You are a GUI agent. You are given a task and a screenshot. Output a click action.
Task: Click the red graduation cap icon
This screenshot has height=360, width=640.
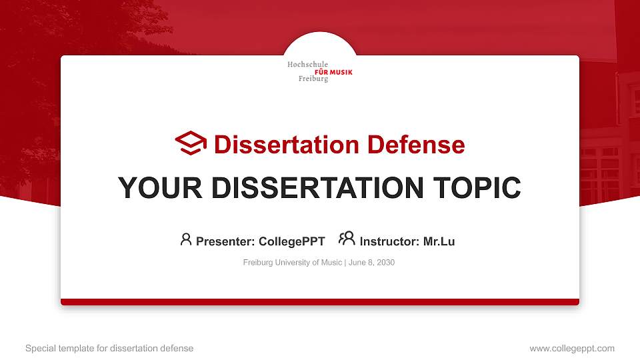[191, 143]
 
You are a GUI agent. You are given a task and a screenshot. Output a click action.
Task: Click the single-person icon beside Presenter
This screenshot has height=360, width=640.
[186, 239]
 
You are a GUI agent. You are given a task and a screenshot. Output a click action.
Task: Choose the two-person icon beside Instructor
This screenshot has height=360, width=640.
[347, 239]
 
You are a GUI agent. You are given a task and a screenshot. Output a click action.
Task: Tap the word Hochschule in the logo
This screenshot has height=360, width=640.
[307, 65]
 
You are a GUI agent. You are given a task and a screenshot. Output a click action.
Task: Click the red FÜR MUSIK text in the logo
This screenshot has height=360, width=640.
[333, 72]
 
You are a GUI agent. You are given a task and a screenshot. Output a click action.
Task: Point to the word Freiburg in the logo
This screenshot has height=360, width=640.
[313, 79]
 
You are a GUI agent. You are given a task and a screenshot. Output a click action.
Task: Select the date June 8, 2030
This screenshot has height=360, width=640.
[371, 263]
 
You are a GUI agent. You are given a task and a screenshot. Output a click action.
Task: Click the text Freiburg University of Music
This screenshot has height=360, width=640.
[293, 263]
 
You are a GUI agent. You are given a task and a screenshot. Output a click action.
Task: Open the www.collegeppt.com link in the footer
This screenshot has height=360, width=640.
[571, 348]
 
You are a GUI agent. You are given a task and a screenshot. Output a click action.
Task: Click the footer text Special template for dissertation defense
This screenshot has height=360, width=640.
[109, 348]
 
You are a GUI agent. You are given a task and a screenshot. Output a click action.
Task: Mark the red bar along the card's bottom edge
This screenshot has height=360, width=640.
[320, 302]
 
